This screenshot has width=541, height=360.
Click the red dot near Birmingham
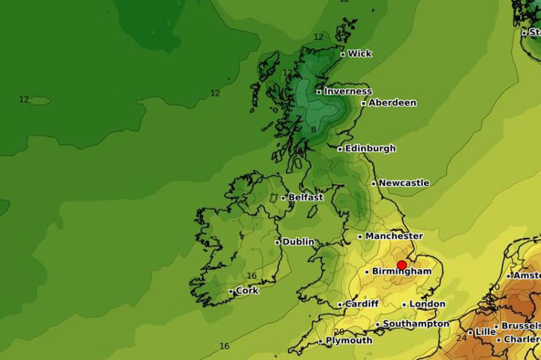(x=402, y=266)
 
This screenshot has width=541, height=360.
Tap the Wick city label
(x=359, y=54)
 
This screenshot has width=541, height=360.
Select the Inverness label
(x=347, y=92)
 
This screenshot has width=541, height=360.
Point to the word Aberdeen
(x=392, y=103)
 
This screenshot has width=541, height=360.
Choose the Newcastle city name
(x=404, y=183)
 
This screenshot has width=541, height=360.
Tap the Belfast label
(x=306, y=198)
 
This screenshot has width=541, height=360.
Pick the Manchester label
(x=394, y=236)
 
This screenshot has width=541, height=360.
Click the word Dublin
(x=299, y=242)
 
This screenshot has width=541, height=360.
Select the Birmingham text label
(x=403, y=271)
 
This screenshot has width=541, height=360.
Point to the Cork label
(x=247, y=291)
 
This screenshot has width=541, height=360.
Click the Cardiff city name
(x=362, y=304)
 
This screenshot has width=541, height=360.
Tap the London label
(x=428, y=304)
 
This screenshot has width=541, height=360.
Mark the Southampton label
(x=416, y=324)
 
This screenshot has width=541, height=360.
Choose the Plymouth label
(x=349, y=341)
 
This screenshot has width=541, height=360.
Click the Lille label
(x=485, y=332)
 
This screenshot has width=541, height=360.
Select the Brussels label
(x=521, y=326)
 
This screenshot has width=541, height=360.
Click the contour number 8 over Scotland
(x=313, y=130)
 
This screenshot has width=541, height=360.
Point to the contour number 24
(x=461, y=338)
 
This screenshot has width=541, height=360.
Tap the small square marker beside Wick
(x=343, y=54)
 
